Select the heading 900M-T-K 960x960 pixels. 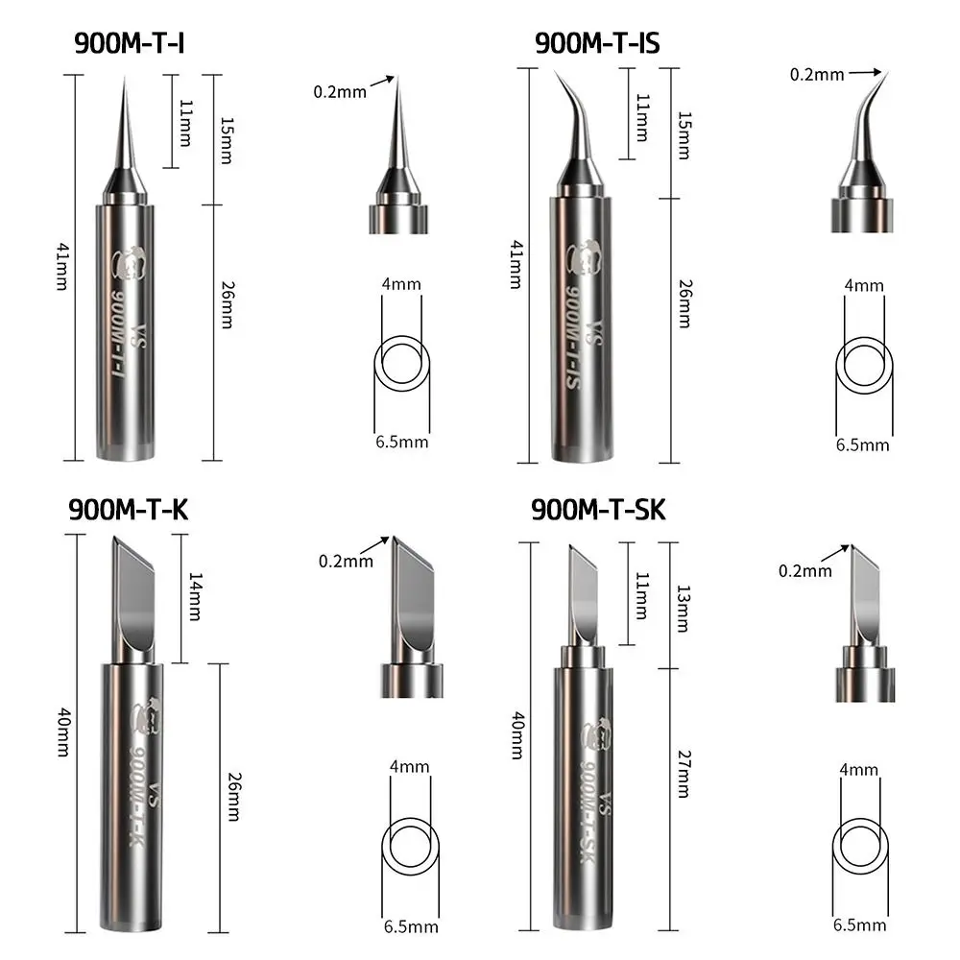(128, 510)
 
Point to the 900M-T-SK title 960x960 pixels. (598, 510)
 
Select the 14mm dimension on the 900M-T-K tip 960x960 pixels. (195, 595)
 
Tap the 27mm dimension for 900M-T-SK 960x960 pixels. (683, 774)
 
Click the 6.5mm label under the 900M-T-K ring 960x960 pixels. (411, 927)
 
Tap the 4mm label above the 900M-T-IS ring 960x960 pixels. (865, 285)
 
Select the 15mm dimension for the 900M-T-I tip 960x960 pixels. (225, 140)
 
